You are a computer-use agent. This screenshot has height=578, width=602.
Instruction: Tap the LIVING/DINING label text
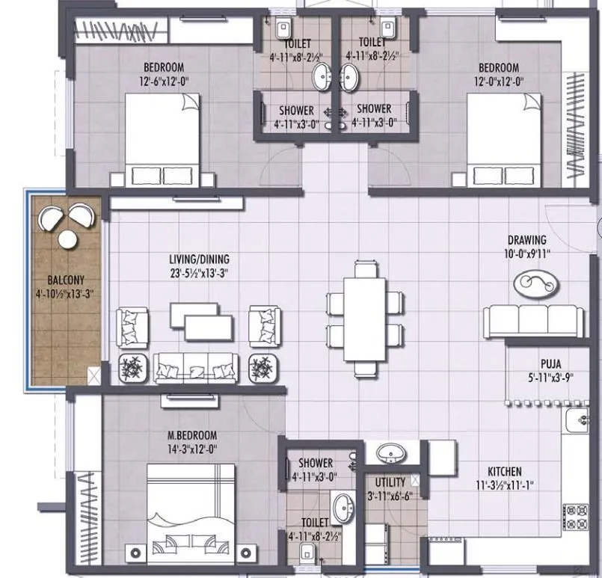tap(197, 259)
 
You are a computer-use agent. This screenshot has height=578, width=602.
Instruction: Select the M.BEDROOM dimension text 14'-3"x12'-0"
tap(193, 449)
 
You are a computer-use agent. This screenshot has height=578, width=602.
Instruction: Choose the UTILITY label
tap(390, 482)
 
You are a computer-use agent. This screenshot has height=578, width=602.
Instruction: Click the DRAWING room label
tap(527, 240)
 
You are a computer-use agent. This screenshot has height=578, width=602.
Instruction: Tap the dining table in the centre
tap(364, 318)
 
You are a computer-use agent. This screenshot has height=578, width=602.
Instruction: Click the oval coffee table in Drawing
tap(536, 283)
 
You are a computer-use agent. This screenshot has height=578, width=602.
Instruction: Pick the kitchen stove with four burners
tap(579, 514)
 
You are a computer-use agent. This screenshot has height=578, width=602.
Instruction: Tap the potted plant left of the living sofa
tap(133, 367)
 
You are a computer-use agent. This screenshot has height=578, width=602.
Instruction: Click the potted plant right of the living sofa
tap(262, 367)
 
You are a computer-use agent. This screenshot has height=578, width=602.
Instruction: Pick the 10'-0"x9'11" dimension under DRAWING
tap(527, 253)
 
